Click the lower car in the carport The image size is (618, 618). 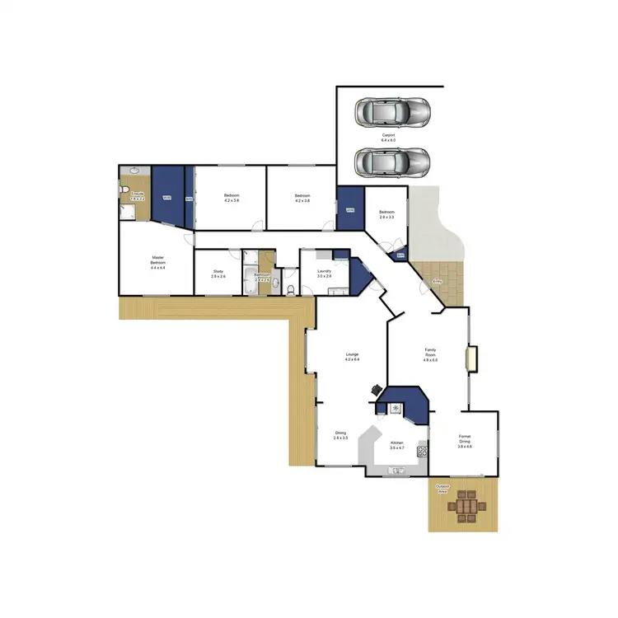[391, 162]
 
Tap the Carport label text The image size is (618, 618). [388, 137]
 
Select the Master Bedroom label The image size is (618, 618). [158, 262]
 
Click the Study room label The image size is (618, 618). [218, 274]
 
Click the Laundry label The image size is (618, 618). [324, 274]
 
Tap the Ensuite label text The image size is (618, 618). [138, 195]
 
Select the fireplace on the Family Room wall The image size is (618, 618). [471, 358]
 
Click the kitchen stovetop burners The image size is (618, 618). [422, 449]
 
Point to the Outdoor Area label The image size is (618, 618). [442, 488]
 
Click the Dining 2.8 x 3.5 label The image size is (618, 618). [340, 435]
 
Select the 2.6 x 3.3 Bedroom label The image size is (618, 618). [386, 214]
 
